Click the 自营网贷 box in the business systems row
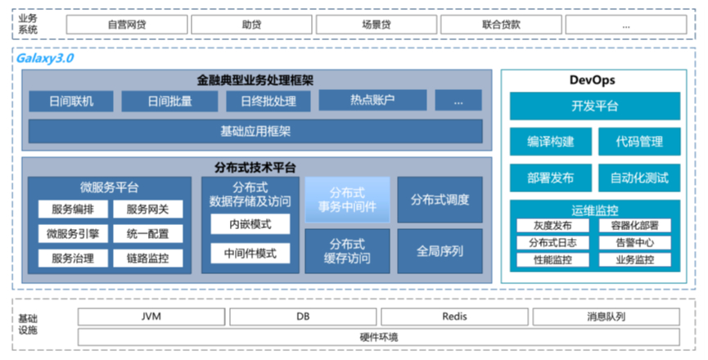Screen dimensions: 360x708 [126, 25]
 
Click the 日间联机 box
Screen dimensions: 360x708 [71, 101]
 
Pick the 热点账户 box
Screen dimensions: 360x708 [372, 101]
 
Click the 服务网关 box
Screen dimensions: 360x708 [147, 209]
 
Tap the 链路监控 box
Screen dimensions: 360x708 [147, 259]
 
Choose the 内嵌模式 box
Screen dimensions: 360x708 [250, 224]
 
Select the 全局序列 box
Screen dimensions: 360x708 [440, 251]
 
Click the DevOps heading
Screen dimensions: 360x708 [592, 80]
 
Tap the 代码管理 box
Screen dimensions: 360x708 [639, 142]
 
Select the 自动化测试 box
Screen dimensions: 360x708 [639, 178]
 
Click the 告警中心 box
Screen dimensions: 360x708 [639, 243]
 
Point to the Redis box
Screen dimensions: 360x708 [454, 317]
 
